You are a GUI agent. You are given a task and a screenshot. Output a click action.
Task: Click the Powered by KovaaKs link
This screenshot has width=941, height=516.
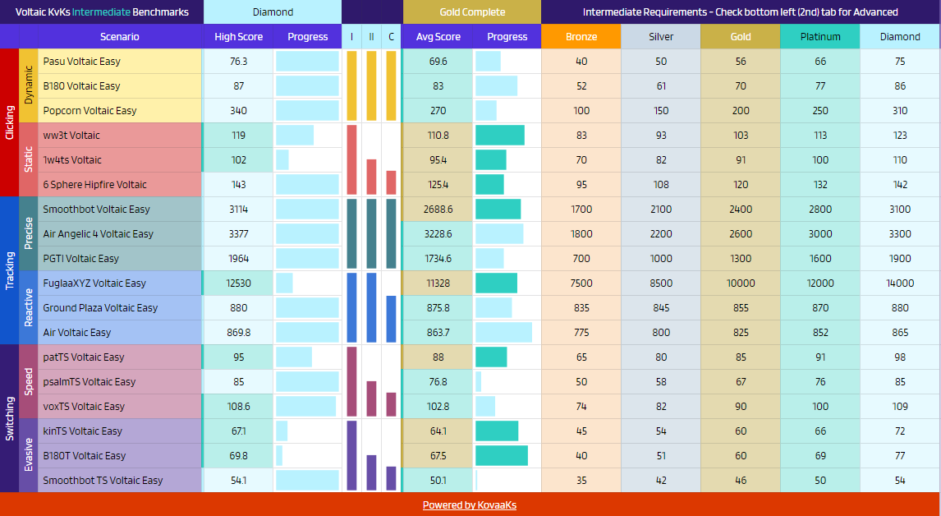[x=470, y=505]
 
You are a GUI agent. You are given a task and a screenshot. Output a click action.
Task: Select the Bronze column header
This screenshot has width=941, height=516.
[x=581, y=37]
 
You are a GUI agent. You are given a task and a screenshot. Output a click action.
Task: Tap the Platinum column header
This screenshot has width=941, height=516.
[x=819, y=37]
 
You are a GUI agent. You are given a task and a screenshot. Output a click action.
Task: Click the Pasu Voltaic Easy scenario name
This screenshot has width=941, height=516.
[x=81, y=62]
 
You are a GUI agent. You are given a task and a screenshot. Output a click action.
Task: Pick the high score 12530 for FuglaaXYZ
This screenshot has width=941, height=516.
[x=238, y=283]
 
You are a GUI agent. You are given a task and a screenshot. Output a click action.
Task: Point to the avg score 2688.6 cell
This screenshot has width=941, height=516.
[x=438, y=209]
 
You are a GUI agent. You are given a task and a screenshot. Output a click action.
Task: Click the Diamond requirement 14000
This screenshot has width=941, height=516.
[x=900, y=283]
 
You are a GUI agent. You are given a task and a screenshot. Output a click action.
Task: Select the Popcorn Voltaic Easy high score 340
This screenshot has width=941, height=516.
[x=238, y=111]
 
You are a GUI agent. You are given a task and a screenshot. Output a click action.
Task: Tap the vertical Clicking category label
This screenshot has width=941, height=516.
[x=10, y=122]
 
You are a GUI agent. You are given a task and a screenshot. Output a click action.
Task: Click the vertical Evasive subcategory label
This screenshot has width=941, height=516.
[x=28, y=454]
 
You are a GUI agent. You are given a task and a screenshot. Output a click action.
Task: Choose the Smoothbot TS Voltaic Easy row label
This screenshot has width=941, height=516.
[x=103, y=480]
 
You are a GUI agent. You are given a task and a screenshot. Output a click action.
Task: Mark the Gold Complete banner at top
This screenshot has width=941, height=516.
[x=471, y=12]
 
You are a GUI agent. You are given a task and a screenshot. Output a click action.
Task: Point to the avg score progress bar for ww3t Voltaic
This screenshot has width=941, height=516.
[x=500, y=135]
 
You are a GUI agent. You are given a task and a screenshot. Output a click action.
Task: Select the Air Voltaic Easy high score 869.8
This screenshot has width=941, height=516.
[x=238, y=332]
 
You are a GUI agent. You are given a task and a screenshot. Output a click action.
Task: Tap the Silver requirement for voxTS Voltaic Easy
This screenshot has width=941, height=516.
[x=661, y=406]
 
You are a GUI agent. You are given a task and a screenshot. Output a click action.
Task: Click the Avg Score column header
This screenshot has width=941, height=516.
[x=438, y=37]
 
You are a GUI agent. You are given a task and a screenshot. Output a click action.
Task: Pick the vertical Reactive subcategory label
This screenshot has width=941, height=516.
[x=28, y=307]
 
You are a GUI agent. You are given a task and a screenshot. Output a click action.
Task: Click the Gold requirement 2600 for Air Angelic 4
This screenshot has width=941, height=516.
[x=741, y=233]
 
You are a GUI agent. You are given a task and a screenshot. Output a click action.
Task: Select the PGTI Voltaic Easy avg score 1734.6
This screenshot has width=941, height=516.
[x=438, y=258]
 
